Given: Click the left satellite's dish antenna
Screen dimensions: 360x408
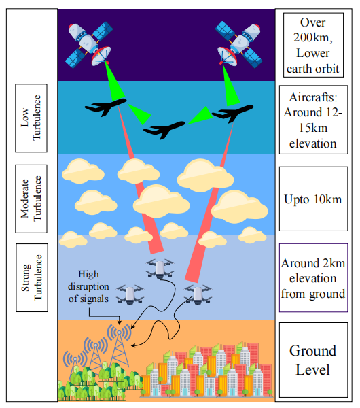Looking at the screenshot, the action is point(101,56).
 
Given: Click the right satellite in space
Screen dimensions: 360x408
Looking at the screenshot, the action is point(238,44).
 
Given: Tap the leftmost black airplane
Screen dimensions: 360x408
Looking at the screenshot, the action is point(106,107).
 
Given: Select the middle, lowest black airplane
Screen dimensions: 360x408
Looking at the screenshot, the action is point(164,129).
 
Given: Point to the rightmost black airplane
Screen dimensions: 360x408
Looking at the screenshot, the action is point(232,113).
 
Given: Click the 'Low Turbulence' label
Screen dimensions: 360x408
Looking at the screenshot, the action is point(31,118).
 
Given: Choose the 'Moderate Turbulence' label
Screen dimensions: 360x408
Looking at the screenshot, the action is point(31,199).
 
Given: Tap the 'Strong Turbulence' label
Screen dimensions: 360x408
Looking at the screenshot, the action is point(32,277).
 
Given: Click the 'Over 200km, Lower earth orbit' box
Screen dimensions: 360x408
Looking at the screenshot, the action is point(313,45).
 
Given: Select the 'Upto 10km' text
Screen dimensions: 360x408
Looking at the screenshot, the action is point(312,199).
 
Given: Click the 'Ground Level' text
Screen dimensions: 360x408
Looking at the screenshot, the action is point(312,360).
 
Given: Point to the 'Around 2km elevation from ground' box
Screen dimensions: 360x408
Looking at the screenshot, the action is point(313,277).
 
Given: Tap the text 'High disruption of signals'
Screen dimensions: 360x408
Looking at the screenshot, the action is point(88,286).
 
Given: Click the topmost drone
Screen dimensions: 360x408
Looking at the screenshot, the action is point(160,269).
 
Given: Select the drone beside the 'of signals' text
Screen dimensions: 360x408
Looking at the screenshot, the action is point(130,294).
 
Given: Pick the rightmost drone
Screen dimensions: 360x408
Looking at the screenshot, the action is point(198,294).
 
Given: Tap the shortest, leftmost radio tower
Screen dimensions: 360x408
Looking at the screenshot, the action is point(75,367).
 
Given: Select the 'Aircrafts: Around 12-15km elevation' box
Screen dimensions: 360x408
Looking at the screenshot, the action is point(313,120).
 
